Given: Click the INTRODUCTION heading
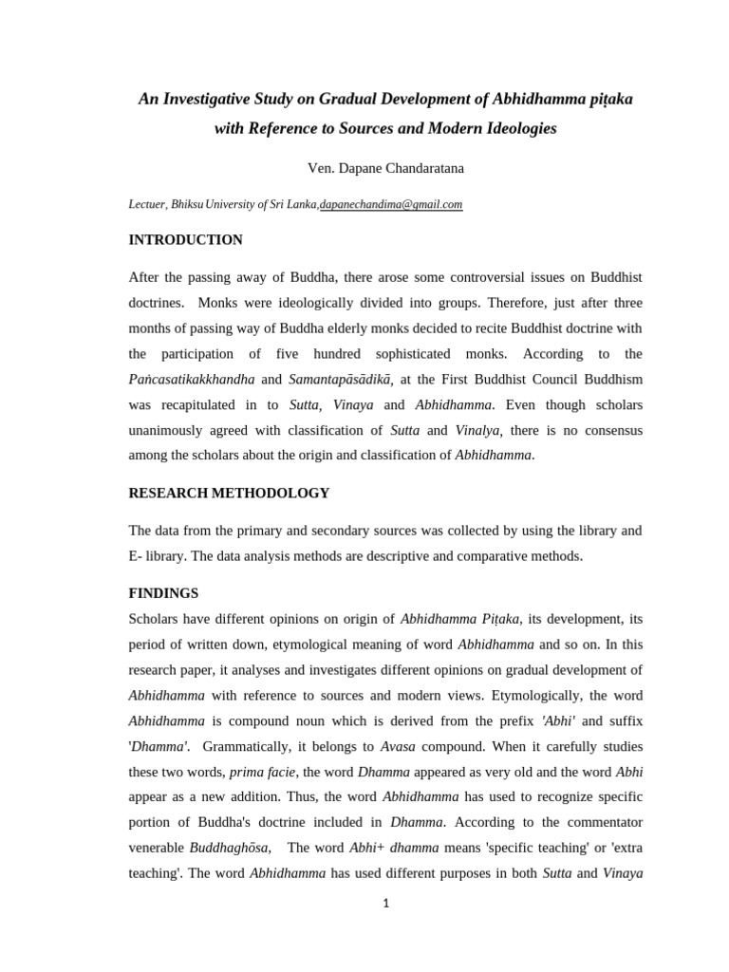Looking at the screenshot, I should (185, 240).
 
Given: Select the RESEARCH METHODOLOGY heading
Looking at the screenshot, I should (229, 493).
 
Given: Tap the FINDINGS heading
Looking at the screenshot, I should (163, 593).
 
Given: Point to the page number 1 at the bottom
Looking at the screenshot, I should (385, 904).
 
